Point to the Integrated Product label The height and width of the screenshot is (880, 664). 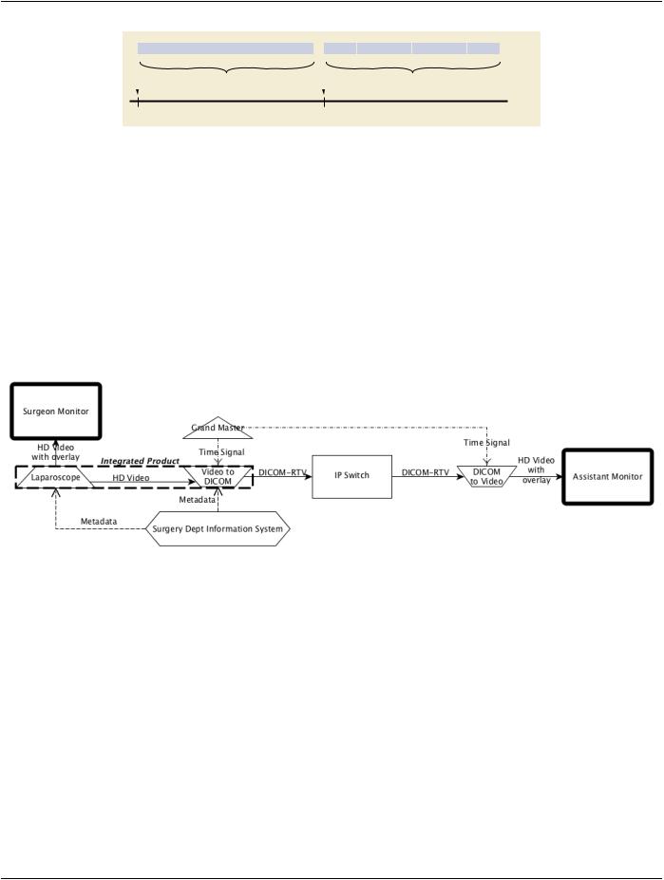click(140, 461)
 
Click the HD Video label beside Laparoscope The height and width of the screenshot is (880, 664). click(131, 478)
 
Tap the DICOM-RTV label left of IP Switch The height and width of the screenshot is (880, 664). click(283, 472)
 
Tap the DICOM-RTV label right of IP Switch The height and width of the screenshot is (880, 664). click(426, 472)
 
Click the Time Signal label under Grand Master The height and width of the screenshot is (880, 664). click(221, 451)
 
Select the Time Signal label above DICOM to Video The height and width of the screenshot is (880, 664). click(486, 442)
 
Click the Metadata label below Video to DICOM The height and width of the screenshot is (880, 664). click(197, 499)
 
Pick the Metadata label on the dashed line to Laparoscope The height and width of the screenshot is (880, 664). click(99, 522)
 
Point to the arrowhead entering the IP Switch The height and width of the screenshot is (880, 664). click(308, 476)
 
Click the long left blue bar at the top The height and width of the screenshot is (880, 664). click(225, 48)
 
